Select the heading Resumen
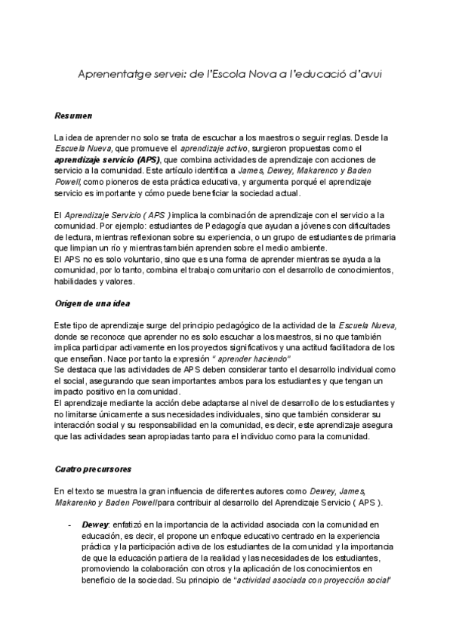(x=73, y=116)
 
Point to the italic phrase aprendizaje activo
(x=213, y=149)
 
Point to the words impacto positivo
(x=84, y=392)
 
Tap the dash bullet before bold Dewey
(x=69, y=522)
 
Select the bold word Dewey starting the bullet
(x=95, y=522)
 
